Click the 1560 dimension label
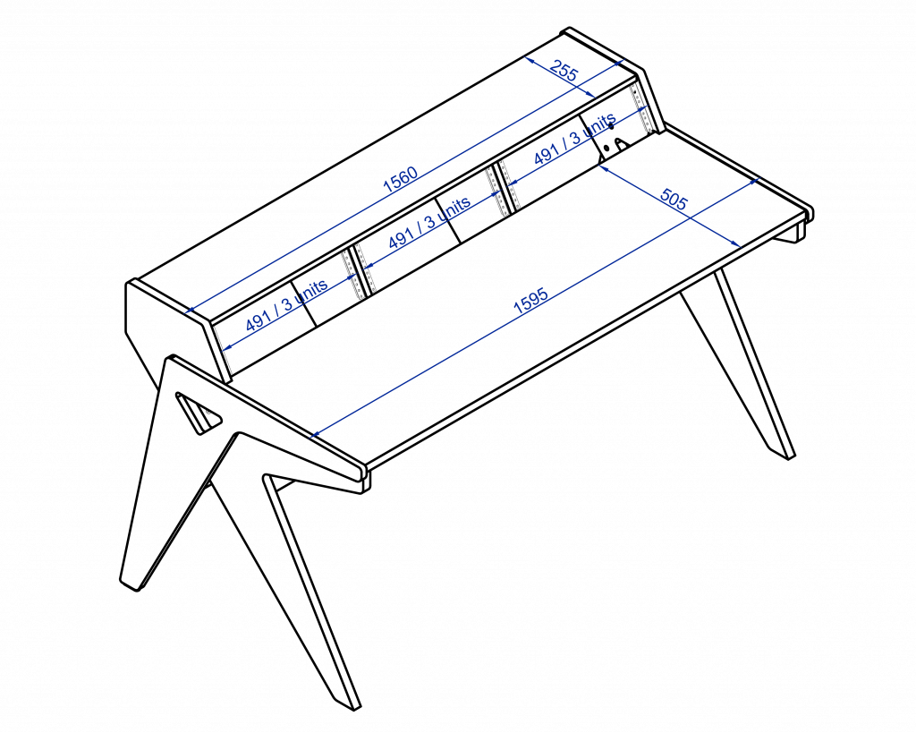coord(400,180)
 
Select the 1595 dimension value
coord(530,302)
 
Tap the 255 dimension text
coord(564,71)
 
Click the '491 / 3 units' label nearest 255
coord(574,139)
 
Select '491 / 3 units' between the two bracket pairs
coord(428,223)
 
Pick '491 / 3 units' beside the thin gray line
coord(286,305)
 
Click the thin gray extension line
coord(223,349)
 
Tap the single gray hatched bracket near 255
coord(640,107)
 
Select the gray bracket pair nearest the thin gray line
coord(359,271)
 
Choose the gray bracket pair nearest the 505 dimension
coord(503,188)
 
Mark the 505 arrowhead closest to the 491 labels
coord(602,167)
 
